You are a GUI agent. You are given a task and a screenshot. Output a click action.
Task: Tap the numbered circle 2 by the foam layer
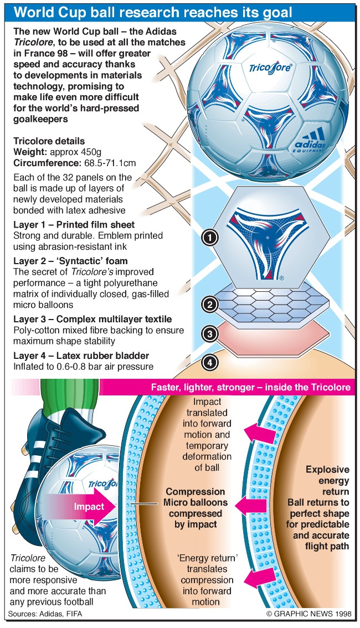point(210,304)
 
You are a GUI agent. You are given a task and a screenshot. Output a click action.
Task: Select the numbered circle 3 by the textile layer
point(210,333)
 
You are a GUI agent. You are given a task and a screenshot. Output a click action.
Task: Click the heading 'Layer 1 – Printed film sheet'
point(74,224)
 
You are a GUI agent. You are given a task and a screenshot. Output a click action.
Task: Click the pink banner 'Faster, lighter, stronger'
point(251,387)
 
